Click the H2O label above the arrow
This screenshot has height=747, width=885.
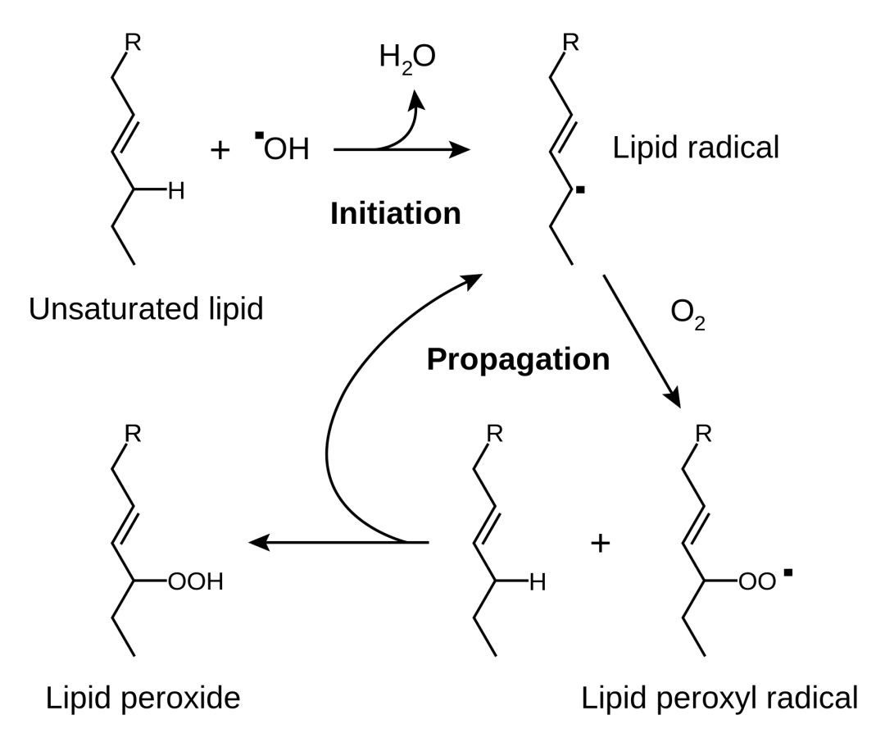pos(407,57)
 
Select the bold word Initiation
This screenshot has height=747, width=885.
pos(395,214)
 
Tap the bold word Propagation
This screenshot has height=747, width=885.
pos(518,359)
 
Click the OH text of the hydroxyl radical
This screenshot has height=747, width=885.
pos(286,149)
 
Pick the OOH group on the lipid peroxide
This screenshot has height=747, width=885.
pos(194,583)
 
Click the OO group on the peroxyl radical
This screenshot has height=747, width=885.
pos(756,583)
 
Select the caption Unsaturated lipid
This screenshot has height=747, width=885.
pos(146,310)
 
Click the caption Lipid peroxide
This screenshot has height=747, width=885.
pos(143,699)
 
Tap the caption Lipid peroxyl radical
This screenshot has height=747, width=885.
pos(719,699)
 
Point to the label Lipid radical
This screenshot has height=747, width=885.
pos(696,148)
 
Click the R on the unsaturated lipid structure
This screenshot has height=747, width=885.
pos(133,43)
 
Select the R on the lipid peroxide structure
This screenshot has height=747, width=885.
pos(133,434)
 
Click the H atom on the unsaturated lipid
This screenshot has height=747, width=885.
pos(176,193)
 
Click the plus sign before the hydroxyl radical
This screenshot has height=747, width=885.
pos(220,150)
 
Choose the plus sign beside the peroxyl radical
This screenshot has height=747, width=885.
pos(601,543)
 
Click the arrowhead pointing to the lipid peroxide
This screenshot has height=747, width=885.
pos(256,542)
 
